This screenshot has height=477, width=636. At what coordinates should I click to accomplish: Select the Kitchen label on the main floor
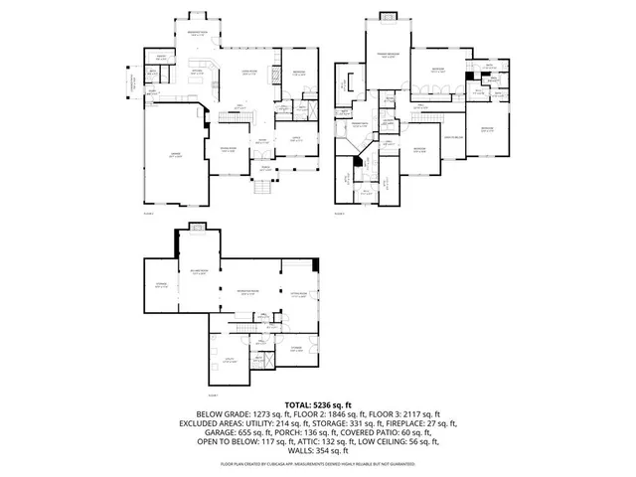tap(198, 73)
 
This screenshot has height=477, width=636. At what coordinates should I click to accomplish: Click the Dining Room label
tap(228, 150)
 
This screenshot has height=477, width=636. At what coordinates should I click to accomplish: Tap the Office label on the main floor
tap(296, 140)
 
